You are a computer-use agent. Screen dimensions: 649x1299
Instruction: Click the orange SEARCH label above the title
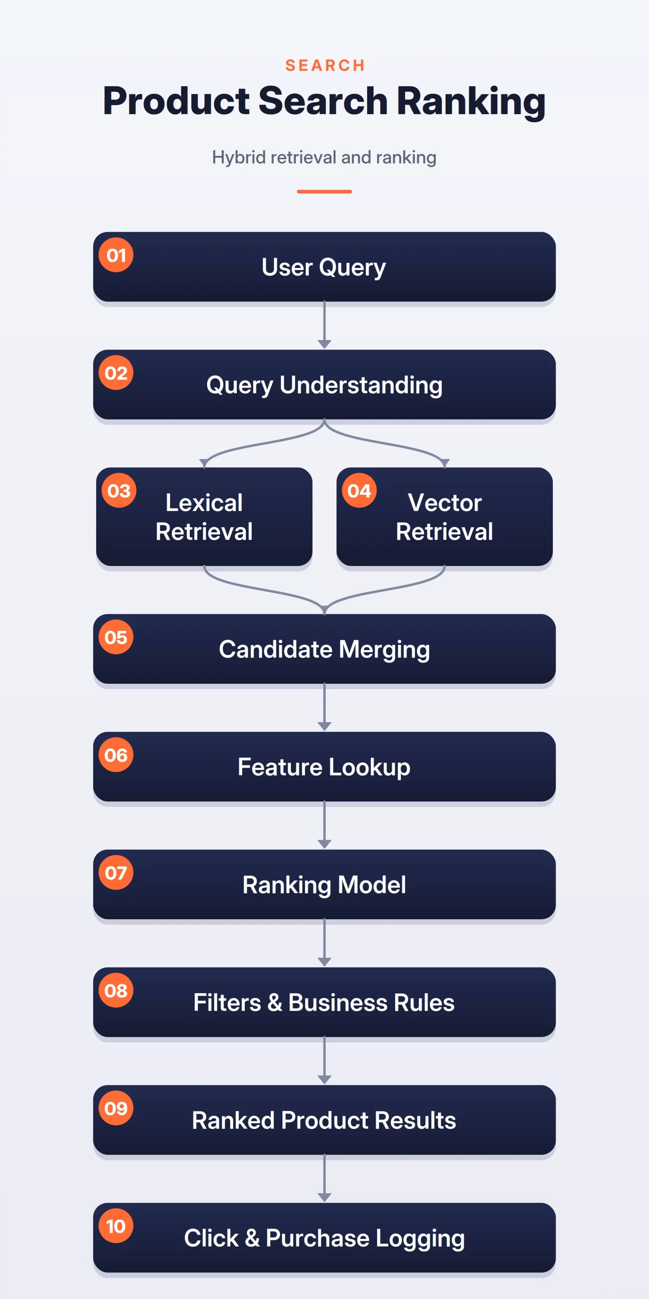tap(325, 65)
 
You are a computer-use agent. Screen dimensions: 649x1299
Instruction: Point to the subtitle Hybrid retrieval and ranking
tap(324, 158)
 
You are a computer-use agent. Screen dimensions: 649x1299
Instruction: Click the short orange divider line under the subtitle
tap(324, 192)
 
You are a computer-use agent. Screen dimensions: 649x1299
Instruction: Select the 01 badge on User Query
tap(116, 255)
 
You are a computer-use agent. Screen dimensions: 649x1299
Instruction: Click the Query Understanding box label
tap(324, 385)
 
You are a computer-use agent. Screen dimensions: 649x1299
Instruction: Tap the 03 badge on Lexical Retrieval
tap(119, 491)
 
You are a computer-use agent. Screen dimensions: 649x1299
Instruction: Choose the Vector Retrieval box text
tap(444, 517)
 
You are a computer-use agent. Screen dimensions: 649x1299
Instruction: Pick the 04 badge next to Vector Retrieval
tap(359, 491)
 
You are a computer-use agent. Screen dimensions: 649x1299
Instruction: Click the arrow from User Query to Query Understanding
tap(324, 325)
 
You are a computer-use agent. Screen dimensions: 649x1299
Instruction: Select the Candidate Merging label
tap(324, 649)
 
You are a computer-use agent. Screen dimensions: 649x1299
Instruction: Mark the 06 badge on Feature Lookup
tap(116, 755)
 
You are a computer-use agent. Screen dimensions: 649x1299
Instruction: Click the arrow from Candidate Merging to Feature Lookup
tap(324, 707)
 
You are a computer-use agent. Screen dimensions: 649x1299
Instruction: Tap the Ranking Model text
tap(324, 885)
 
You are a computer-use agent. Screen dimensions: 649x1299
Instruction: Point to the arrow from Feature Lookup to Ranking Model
tap(324, 825)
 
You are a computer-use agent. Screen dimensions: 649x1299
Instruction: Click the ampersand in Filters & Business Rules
tap(274, 1003)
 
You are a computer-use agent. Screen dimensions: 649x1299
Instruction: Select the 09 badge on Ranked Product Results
tap(116, 1108)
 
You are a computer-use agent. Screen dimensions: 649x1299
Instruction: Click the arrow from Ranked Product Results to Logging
tap(324, 1179)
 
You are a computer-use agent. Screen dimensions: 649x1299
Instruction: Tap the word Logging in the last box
tap(420, 1239)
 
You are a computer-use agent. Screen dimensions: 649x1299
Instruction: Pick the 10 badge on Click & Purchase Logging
tap(116, 1226)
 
